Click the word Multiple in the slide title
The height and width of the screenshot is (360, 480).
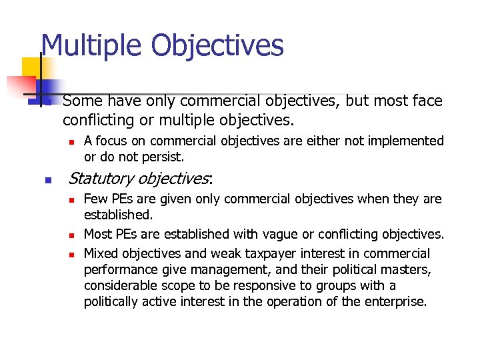coord(91,45)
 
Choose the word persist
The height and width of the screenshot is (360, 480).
coord(165,157)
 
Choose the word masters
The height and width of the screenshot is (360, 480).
coord(408,269)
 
